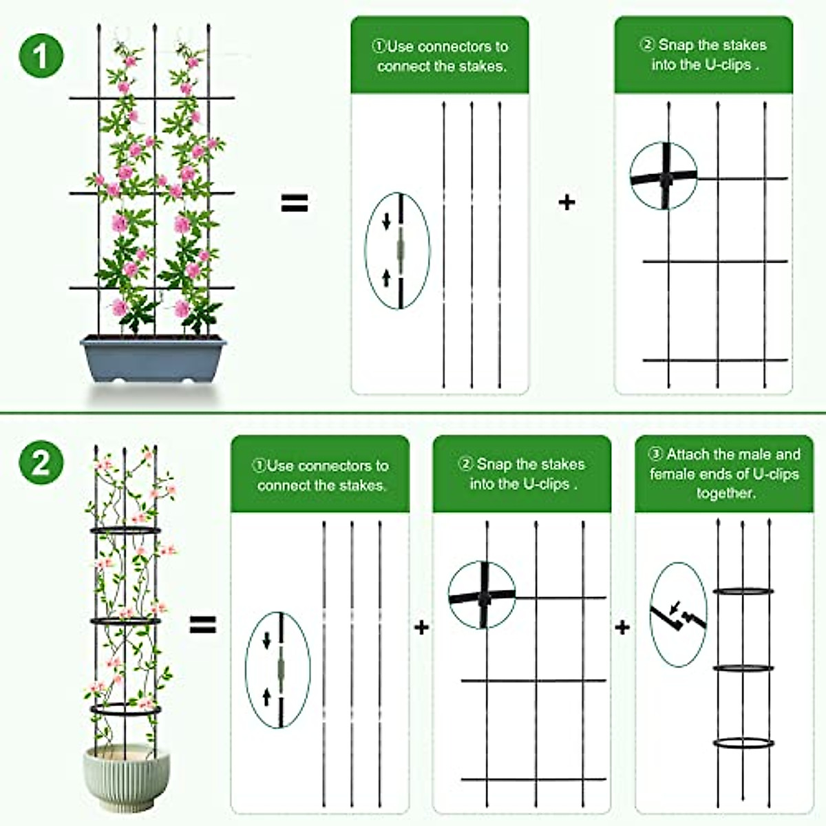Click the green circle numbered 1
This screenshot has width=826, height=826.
tap(41, 55)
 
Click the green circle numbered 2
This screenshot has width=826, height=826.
tap(41, 462)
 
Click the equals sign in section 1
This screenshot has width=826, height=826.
tap(295, 203)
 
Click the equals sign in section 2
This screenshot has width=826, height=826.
tap(203, 625)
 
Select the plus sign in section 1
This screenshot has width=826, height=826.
tap(566, 202)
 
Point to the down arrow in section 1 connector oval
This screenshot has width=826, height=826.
tap(387, 221)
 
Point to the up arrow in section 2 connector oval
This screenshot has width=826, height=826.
tap(267, 697)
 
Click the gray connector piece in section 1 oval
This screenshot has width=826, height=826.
tap(399, 249)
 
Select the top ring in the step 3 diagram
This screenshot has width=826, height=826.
tap(743, 591)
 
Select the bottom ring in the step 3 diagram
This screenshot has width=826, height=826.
tap(743, 743)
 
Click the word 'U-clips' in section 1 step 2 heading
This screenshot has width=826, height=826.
tap(728, 65)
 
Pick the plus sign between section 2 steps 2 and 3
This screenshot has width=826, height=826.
tap(622, 627)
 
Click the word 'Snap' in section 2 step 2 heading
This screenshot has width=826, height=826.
tap(494, 465)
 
